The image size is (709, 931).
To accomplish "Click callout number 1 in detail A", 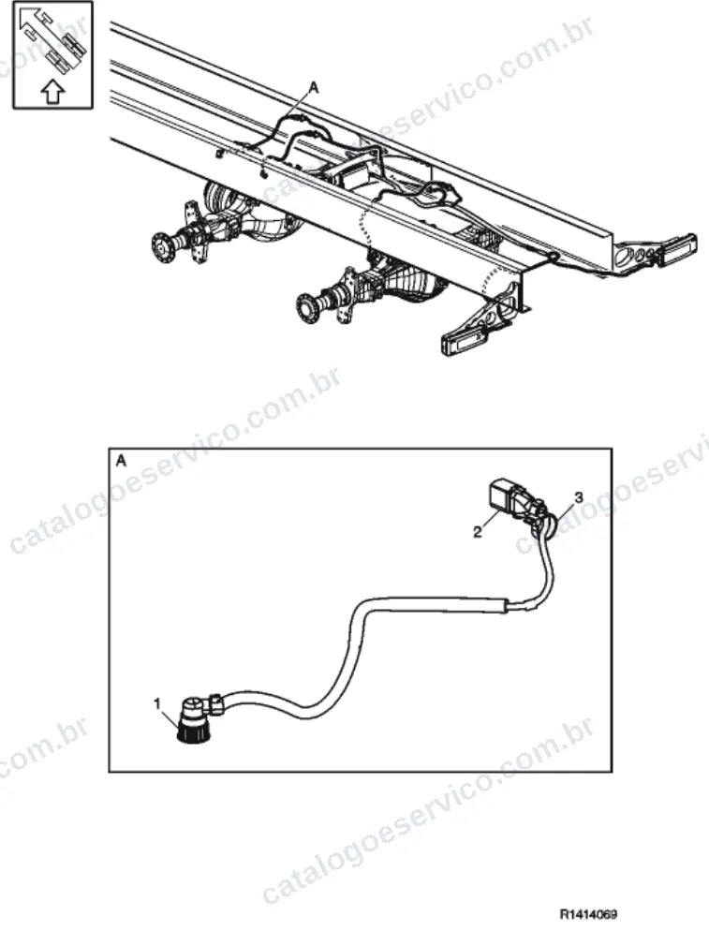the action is (156, 703).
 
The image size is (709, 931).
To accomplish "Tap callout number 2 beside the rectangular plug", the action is (477, 532).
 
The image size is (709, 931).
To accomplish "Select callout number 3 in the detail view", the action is (579, 496).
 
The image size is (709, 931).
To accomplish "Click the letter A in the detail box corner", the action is (121, 462).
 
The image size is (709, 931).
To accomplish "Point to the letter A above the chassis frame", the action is (315, 88).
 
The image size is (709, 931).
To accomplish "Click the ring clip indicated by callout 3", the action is (548, 525).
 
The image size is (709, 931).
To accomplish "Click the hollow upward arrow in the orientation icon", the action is (52, 92).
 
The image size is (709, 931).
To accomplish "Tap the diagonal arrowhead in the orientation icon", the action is (28, 19).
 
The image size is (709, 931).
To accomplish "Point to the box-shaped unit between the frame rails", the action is (355, 178).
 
